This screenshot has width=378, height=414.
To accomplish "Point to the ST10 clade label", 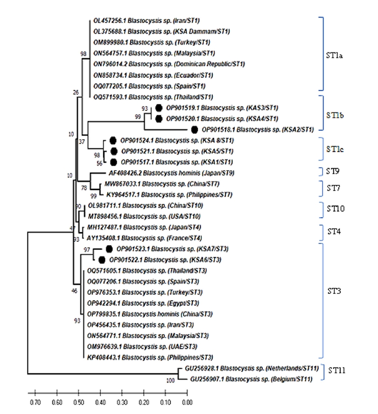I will pyautogui.click(x=338, y=209).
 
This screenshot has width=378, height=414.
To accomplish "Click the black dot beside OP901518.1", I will pyautogui.click(x=194, y=129).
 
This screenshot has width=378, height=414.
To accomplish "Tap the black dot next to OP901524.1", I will pyautogui.click(x=113, y=140).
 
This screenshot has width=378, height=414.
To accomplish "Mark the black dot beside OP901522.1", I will pyautogui.click(x=102, y=260).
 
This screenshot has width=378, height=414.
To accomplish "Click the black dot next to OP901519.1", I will pyautogui.click(x=158, y=108).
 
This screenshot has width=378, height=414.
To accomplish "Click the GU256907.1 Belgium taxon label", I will pyautogui.click(x=251, y=379).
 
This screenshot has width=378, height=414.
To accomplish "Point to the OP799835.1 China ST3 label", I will pyautogui.click(x=150, y=314).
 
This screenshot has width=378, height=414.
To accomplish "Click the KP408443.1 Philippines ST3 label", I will pyautogui.click(x=151, y=357).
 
